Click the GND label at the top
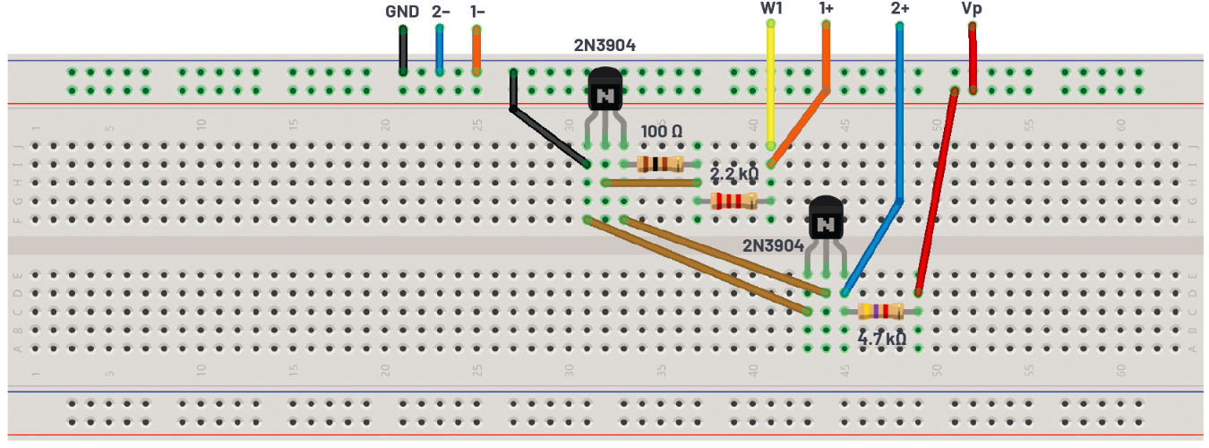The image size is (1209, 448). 402,12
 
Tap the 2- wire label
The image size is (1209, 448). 441,12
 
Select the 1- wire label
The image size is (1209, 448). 477,12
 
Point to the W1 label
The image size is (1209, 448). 769,9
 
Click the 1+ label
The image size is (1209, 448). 827,9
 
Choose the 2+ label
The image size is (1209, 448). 900,9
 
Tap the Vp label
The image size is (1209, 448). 972,9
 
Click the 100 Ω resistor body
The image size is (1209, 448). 659,164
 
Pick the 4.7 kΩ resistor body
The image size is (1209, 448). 880,311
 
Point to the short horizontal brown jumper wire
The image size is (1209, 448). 651,183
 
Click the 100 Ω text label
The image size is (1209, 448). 662,132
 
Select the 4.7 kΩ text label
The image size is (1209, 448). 881,340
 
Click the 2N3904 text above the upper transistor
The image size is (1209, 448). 604,45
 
